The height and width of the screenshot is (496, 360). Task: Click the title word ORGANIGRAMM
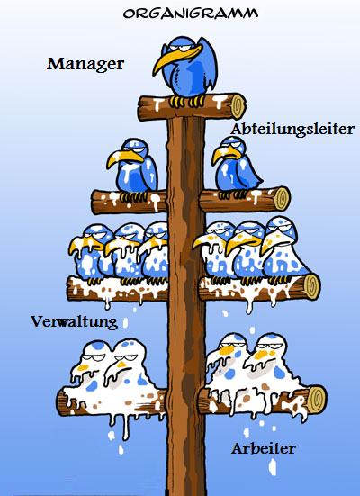click(191, 13)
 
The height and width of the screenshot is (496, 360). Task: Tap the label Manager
click(85, 64)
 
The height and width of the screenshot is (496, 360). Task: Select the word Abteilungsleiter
click(292, 130)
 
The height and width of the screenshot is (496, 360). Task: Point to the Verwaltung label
click(75, 322)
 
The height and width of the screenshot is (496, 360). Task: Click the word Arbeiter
click(264, 448)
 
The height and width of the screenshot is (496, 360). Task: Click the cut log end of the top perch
click(238, 105)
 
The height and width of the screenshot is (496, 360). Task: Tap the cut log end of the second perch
click(282, 199)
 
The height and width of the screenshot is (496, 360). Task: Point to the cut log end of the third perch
click(311, 287)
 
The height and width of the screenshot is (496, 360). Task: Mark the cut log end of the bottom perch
click(318, 400)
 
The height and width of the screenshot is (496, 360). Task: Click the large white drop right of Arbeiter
click(272, 467)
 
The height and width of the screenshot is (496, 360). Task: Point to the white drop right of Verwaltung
click(125, 323)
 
